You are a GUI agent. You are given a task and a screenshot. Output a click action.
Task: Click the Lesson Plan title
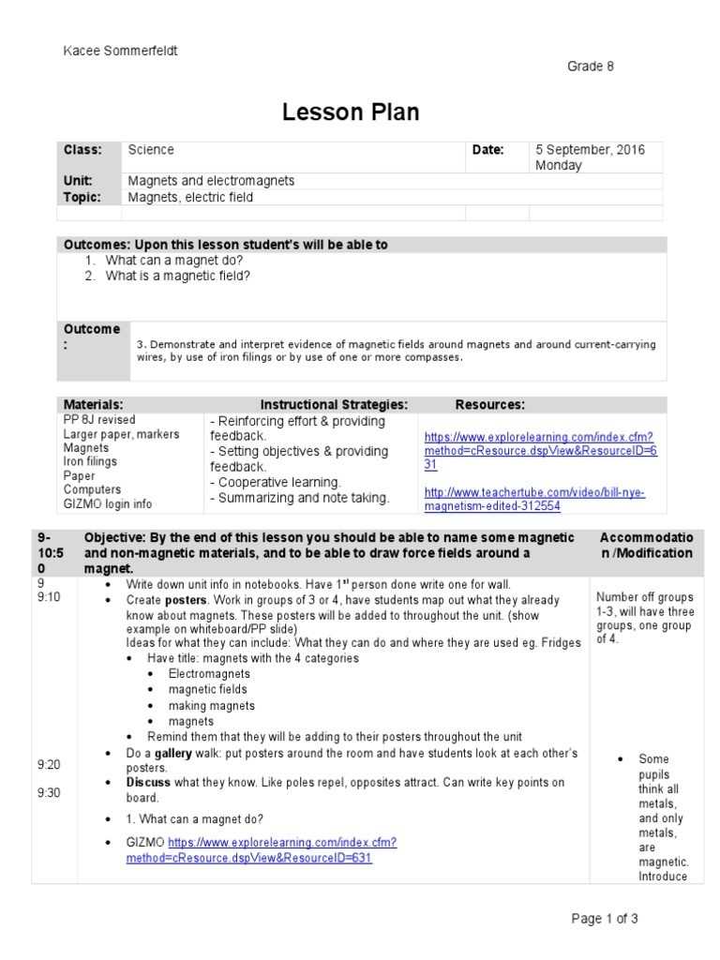(x=351, y=112)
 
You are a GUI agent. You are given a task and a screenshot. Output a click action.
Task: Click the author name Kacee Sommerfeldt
(x=120, y=51)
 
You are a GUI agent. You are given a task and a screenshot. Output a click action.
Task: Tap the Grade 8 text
(x=591, y=67)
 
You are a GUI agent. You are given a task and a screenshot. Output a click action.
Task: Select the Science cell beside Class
(x=151, y=150)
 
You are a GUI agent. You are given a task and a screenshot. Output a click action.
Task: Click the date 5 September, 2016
(x=590, y=150)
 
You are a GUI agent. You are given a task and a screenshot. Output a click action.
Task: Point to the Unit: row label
(x=78, y=180)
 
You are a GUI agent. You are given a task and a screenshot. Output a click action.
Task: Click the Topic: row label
(x=81, y=197)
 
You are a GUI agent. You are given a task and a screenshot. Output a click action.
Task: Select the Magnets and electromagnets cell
(x=211, y=180)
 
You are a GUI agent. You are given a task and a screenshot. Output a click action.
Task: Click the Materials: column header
(x=93, y=405)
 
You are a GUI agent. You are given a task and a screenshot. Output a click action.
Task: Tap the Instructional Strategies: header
(x=334, y=405)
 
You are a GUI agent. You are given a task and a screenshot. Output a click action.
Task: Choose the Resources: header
(x=489, y=405)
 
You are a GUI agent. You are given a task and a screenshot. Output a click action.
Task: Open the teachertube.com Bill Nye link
(x=534, y=500)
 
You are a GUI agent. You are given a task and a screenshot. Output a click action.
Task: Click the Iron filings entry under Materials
(x=90, y=462)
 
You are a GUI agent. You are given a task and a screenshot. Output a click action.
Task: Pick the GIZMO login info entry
(x=107, y=504)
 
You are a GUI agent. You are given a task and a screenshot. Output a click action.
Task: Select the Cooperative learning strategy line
(x=276, y=482)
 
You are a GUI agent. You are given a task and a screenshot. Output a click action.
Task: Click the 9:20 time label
(x=49, y=765)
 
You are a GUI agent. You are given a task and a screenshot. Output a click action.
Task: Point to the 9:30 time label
(x=49, y=793)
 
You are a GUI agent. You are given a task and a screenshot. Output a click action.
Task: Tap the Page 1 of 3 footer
(x=605, y=919)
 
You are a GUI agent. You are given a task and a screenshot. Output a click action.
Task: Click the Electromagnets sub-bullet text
(x=209, y=674)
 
